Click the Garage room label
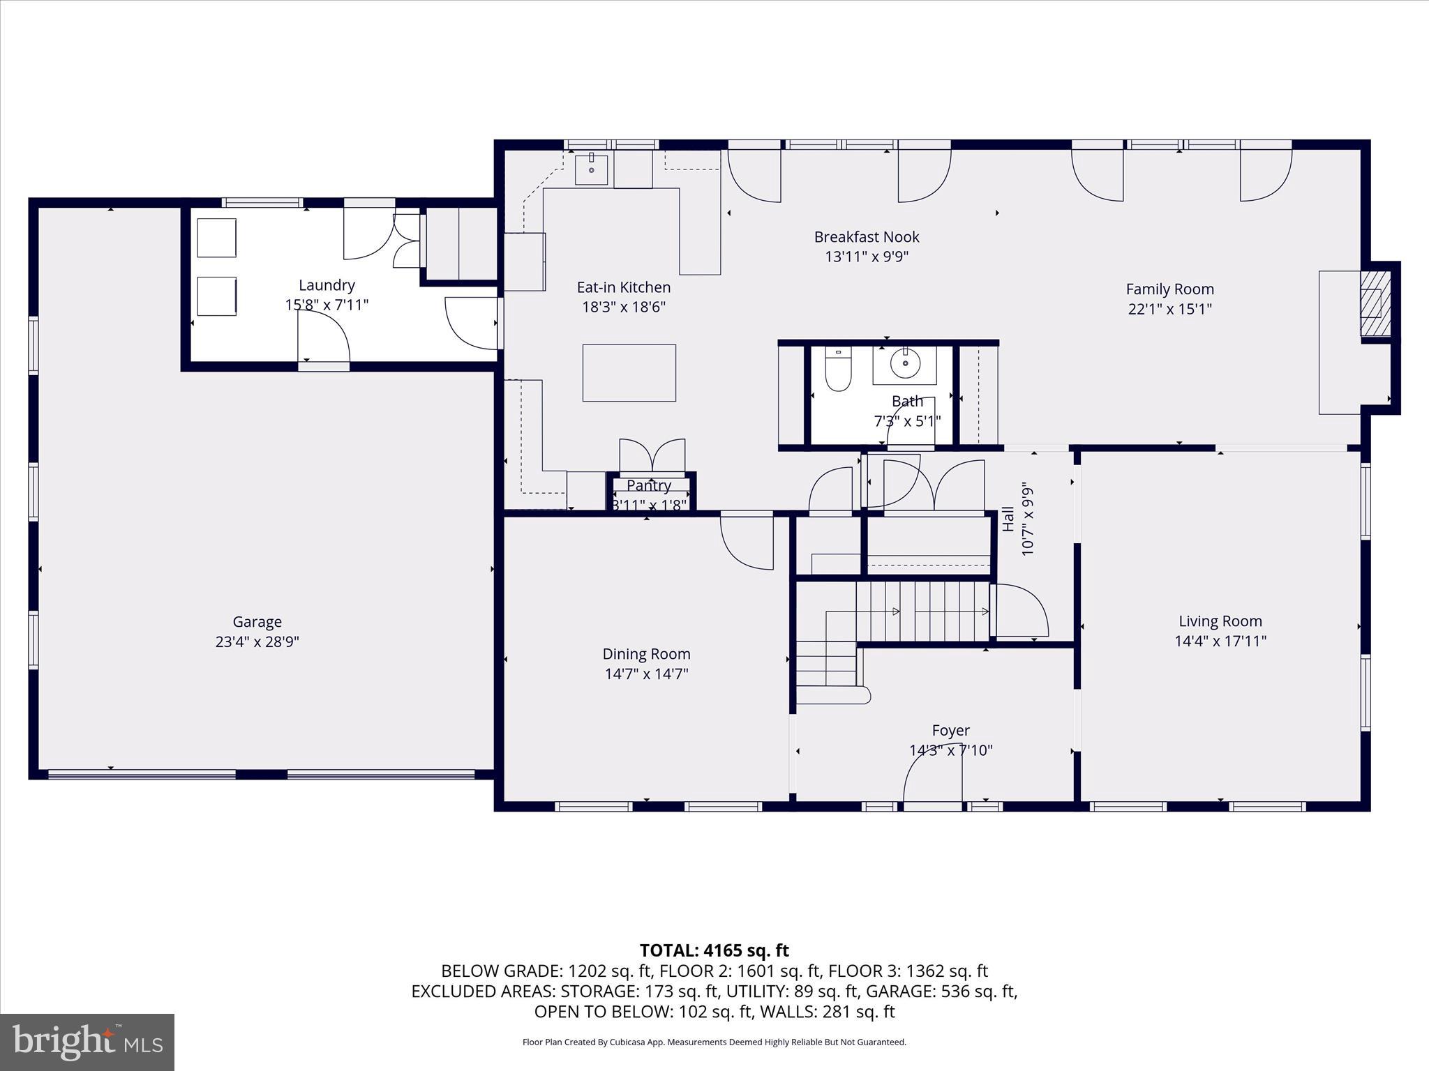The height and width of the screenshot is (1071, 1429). [257, 621]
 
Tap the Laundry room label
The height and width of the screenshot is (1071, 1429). [327, 284]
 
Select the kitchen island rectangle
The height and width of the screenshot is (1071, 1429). [629, 373]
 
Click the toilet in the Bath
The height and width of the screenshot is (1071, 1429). [838, 370]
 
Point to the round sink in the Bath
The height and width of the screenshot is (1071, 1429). [905, 363]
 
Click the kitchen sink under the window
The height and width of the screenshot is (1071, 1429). [591, 169]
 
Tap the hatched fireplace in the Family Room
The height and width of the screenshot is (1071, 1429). [1375, 303]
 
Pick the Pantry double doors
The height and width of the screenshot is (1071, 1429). [652, 456]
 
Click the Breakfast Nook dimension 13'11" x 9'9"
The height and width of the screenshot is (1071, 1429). [867, 257]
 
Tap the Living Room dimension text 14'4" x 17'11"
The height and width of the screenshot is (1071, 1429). [1220, 641]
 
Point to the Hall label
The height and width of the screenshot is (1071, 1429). [1008, 519]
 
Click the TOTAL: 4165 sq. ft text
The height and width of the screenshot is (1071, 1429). [714, 950]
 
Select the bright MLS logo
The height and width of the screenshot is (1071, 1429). [87, 1042]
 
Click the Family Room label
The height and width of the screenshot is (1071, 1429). [1169, 289]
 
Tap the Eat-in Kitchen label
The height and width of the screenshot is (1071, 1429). [623, 287]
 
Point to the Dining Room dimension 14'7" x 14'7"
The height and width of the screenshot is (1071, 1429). [646, 674]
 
